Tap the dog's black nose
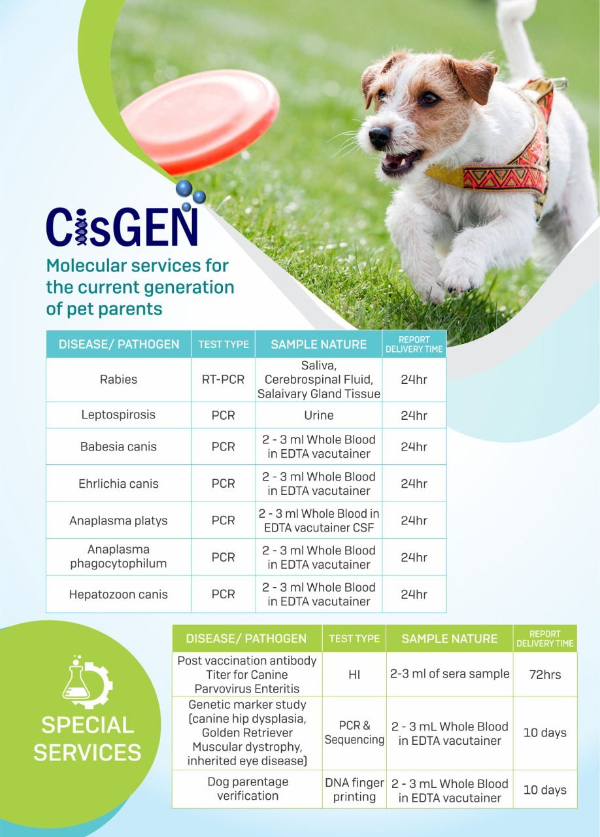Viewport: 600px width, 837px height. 379,137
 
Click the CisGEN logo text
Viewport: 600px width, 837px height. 122,226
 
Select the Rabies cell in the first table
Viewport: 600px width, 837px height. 118,379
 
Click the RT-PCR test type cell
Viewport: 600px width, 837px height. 223,379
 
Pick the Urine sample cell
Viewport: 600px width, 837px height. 318,415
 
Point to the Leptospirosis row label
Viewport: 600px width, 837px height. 118,415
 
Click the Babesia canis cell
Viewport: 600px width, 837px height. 118,447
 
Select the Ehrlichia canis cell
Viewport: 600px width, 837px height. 118,484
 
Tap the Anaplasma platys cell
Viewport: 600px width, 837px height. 118,521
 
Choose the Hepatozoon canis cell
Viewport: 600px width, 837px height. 118,594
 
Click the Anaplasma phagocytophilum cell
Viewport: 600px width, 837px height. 118,557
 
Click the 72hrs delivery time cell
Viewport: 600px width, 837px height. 544,674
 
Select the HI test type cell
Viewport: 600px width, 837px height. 354,674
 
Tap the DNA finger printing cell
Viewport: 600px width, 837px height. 354,789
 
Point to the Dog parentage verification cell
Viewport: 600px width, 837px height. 247,789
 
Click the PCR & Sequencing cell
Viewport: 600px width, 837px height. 354,733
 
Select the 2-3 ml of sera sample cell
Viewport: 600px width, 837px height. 450,674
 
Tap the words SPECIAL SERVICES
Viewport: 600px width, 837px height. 87,738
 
